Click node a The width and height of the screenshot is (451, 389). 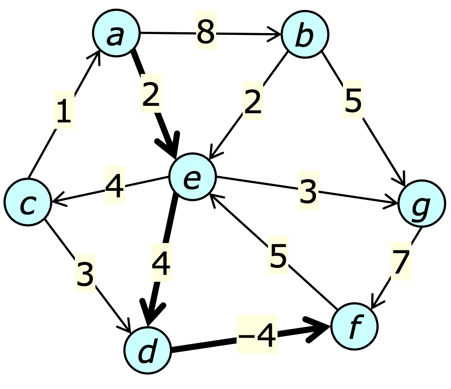click(x=116, y=34)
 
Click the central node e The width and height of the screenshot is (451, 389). click(x=192, y=177)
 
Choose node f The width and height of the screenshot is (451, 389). click(x=354, y=326)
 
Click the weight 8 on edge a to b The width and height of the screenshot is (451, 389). click(x=206, y=33)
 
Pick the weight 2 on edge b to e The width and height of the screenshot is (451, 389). click(x=253, y=102)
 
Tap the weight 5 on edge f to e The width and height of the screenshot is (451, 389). click(x=278, y=256)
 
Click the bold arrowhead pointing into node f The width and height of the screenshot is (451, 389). click(x=321, y=327)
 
